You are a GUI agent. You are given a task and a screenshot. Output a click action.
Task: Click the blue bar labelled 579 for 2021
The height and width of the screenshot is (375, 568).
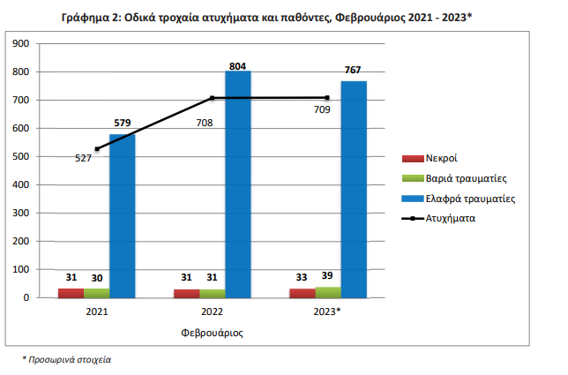click(x=123, y=215)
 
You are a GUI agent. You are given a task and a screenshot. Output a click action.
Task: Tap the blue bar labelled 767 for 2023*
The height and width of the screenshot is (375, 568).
click(x=354, y=189)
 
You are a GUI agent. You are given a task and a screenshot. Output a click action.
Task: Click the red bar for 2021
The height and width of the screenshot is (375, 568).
click(x=71, y=293)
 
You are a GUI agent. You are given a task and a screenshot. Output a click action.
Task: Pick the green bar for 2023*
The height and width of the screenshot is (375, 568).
click(x=328, y=292)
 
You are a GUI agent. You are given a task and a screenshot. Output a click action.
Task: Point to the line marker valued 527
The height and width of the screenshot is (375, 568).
click(x=96, y=149)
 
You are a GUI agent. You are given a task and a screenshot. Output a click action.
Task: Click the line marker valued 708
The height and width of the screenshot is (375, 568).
click(x=213, y=98)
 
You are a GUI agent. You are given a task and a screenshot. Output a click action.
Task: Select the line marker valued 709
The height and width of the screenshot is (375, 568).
click(x=328, y=97)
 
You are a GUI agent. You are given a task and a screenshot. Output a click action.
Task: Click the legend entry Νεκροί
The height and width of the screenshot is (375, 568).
click(x=438, y=158)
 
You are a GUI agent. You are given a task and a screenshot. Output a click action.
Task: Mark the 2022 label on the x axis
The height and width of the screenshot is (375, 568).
click(x=213, y=312)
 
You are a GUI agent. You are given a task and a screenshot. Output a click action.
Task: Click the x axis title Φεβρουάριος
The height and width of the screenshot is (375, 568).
click(x=212, y=334)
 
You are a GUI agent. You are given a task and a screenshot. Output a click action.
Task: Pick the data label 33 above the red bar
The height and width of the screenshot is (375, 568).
click(x=303, y=278)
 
